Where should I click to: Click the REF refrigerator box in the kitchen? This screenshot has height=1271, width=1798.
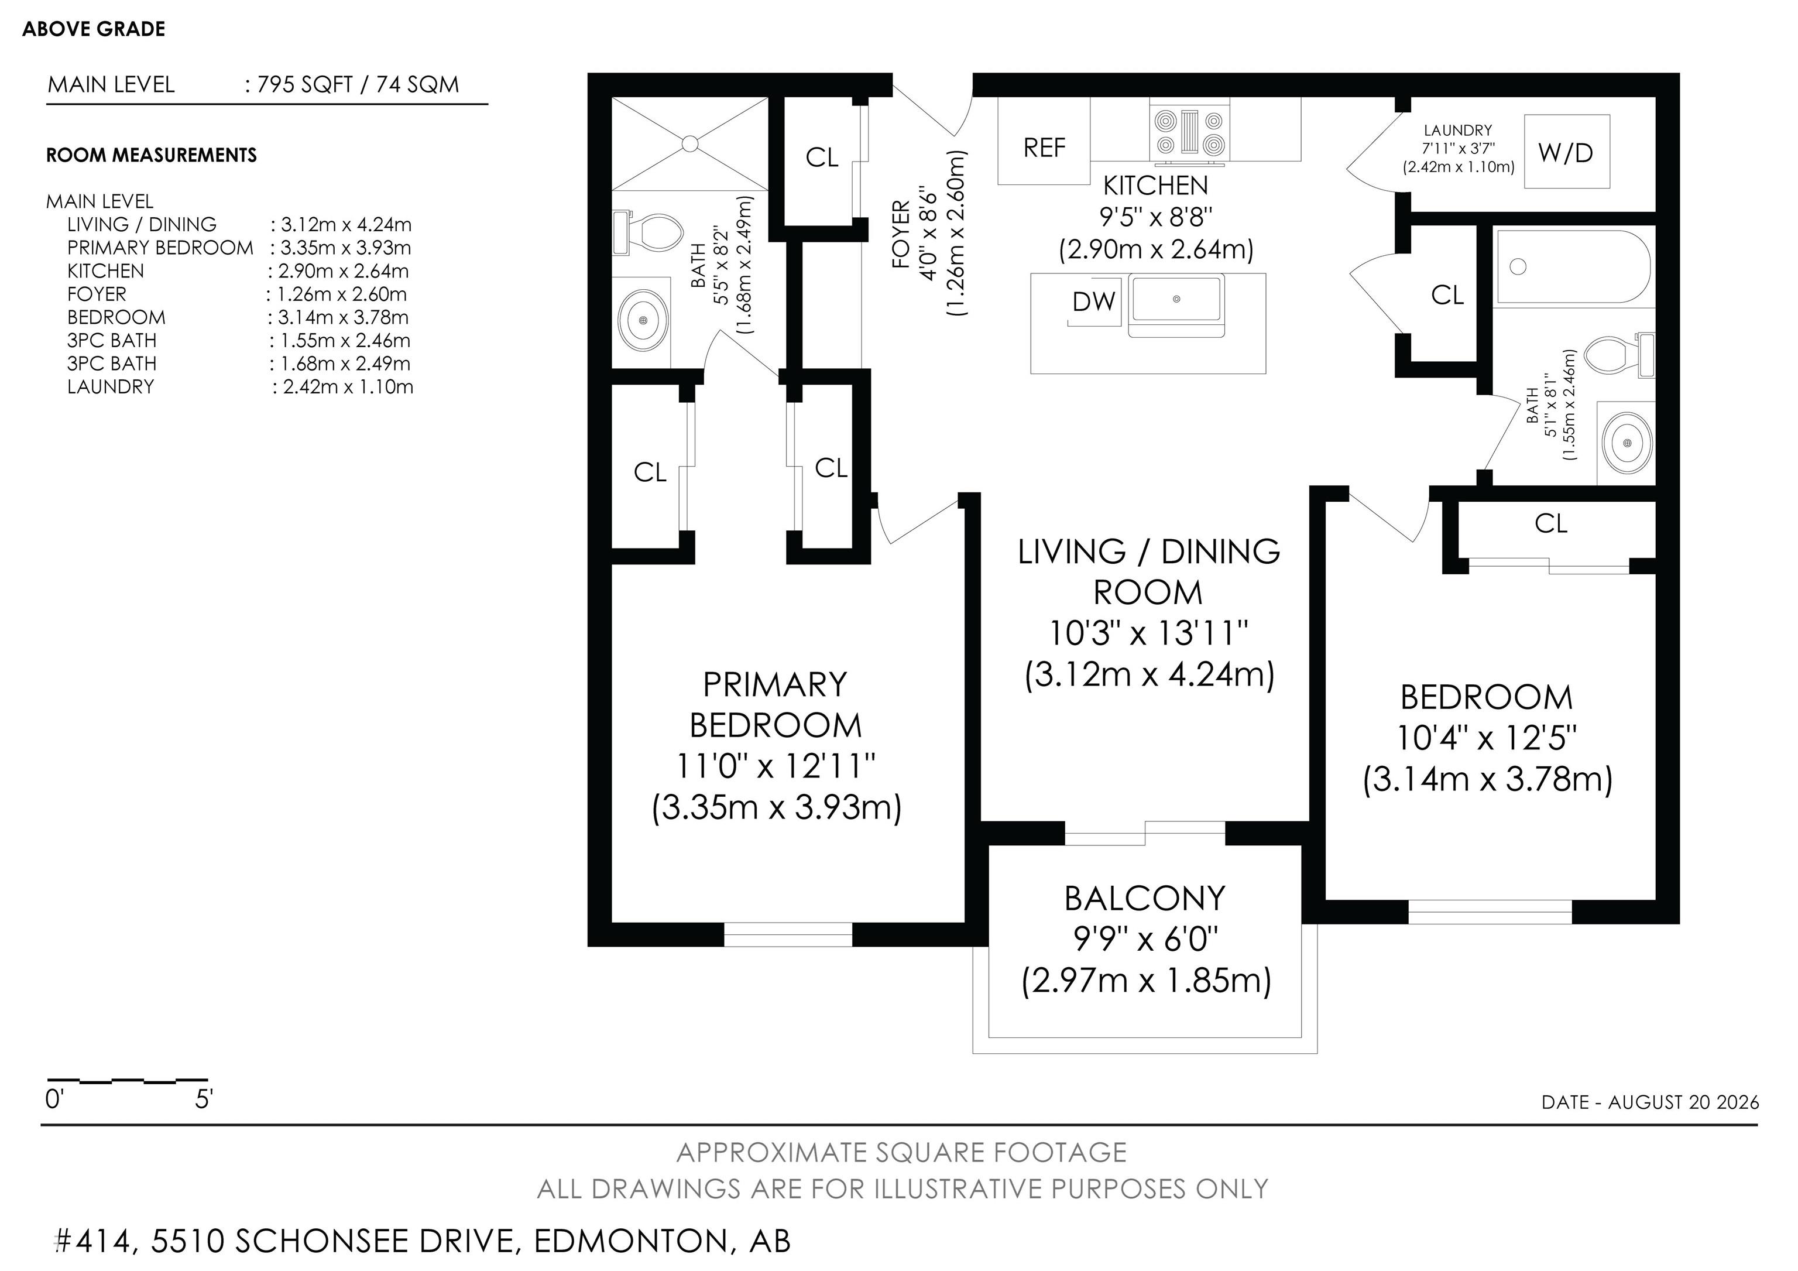pyautogui.click(x=1044, y=141)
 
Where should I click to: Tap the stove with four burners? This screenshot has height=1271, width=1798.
pyautogui.click(x=1189, y=132)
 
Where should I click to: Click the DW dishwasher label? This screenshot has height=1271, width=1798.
pyautogui.click(x=1093, y=301)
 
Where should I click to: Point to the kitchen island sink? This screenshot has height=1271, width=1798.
pyautogui.click(x=1176, y=306)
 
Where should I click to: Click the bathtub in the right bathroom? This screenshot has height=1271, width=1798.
pyautogui.click(x=1574, y=266)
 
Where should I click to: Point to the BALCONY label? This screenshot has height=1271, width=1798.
pyautogui.click(x=1145, y=898)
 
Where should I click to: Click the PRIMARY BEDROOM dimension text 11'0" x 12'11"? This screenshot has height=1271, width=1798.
pyautogui.click(x=776, y=765)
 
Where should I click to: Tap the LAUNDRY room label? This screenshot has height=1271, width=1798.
pyautogui.click(x=1457, y=130)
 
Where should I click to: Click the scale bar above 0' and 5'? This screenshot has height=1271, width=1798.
pyautogui.click(x=127, y=1081)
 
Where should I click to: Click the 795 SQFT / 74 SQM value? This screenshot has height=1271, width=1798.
pyautogui.click(x=358, y=84)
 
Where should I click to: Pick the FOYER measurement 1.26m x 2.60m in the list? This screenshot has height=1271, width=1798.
pyautogui.click(x=341, y=294)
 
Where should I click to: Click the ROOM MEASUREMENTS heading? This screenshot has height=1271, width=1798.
pyautogui.click(x=151, y=155)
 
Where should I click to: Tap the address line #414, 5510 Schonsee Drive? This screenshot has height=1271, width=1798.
pyautogui.click(x=423, y=1241)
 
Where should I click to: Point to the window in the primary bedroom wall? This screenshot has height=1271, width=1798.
pyautogui.click(x=788, y=934)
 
